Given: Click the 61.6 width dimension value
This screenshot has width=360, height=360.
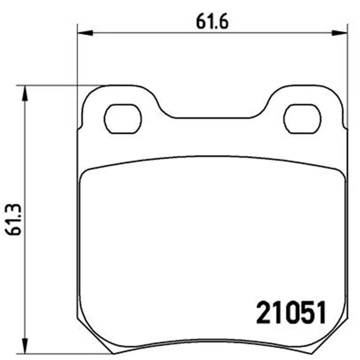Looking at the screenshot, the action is coord(212,22).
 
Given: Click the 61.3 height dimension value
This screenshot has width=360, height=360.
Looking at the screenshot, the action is coord(13,220).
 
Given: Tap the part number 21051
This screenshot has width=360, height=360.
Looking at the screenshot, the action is coord(291,312).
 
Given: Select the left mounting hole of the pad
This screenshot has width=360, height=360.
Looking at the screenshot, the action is coord(123,119).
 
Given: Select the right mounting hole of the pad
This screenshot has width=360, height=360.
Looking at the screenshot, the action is coord(302,119).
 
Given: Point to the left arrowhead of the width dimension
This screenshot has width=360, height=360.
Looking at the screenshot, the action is coord(85,33).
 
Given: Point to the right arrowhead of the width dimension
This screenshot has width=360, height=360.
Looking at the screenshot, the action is coord(340,33).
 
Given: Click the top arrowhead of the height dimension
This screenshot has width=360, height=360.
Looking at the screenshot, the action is coord(25,93).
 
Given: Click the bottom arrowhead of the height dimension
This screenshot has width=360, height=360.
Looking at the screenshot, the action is coord(25,346).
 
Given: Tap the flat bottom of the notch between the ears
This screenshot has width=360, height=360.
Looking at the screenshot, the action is coord(212,118).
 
